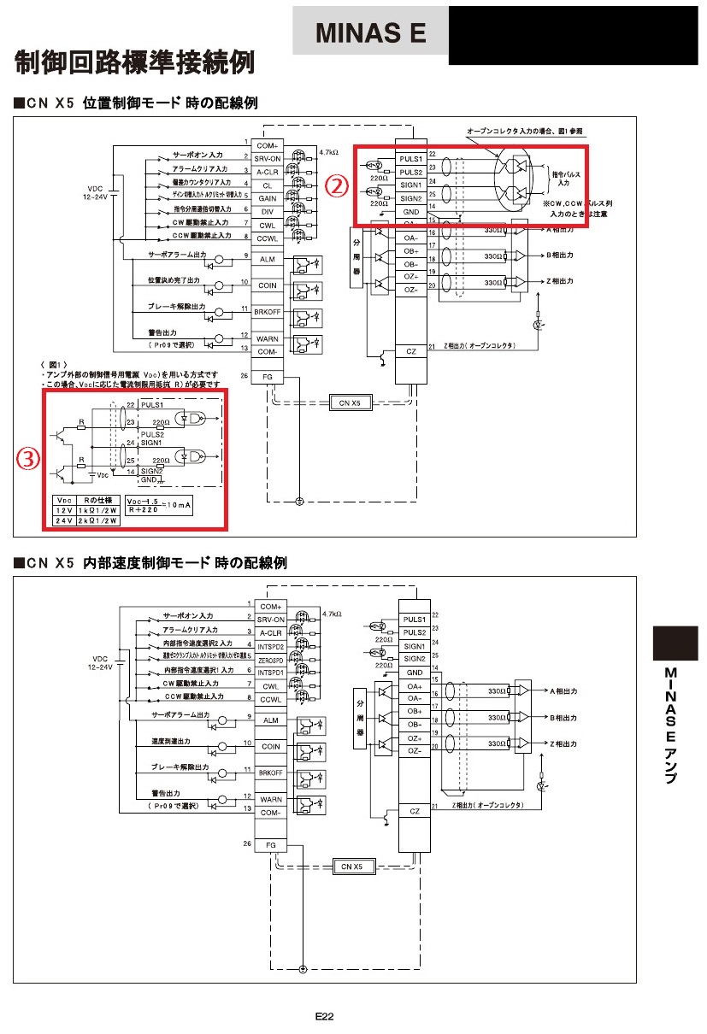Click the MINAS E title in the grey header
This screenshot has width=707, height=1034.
pyautogui.click(x=370, y=33)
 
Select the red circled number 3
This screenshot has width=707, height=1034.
pyautogui.click(x=28, y=458)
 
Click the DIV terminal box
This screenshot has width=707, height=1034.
pyautogui.click(x=267, y=210)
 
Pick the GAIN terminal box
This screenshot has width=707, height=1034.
pyautogui.click(x=267, y=197)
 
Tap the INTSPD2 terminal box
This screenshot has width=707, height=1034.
pyautogui.click(x=271, y=647)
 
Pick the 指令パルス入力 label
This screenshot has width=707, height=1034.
pyautogui.click(x=563, y=178)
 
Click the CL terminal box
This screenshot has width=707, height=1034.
pyautogui.click(x=267, y=185)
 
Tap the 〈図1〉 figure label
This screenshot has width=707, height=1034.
pyautogui.click(x=54, y=365)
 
